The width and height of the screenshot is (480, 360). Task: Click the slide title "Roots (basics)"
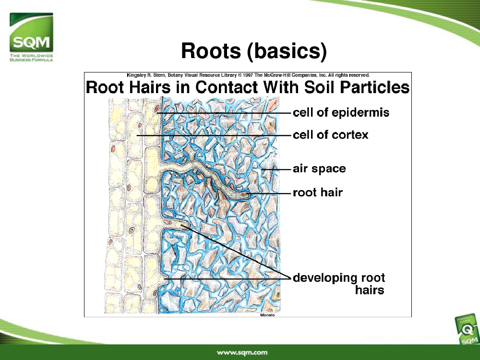pyautogui.click(x=254, y=50)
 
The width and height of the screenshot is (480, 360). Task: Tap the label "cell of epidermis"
pyautogui.click(x=341, y=113)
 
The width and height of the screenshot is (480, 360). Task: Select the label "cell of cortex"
pyautogui.click(x=330, y=135)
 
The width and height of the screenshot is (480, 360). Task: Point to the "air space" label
pyautogui.click(x=319, y=169)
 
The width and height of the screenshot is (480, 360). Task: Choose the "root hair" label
pyautogui.click(x=318, y=192)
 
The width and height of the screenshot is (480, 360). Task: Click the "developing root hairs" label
pyautogui.click(x=339, y=284)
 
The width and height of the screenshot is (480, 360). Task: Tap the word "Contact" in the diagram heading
pyautogui.click(x=227, y=87)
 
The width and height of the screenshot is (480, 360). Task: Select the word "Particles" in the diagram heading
pyautogui.click(x=374, y=87)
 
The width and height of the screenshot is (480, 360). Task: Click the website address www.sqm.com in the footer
pyautogui.click(x=242, y=352)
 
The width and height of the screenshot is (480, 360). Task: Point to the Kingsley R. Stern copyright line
pyautogui.click(x=248, y=75)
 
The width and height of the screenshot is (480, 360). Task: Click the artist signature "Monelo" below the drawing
pyautogui.click(x=267, y=315)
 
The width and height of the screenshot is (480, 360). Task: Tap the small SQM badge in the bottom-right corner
pyautogui.click(x=468, y=330)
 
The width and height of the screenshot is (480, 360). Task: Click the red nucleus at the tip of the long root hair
pyautogui.click(x=244, y=194)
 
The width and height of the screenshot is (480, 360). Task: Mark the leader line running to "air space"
pyautogui.click(x=276, y=169)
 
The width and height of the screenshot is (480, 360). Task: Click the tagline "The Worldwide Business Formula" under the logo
pyautogui.click(x=31, y=58)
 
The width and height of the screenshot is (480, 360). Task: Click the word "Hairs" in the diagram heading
pyautogui.click(x=150, y=87)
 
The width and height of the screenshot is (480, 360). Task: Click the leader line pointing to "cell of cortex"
pyautogui.click(x=214, y=135)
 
